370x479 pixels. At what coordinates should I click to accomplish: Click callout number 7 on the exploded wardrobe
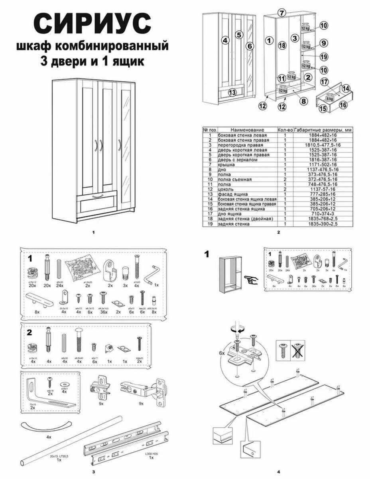tap(281, 12)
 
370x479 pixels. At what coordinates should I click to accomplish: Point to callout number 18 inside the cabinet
tap(282, 46)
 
